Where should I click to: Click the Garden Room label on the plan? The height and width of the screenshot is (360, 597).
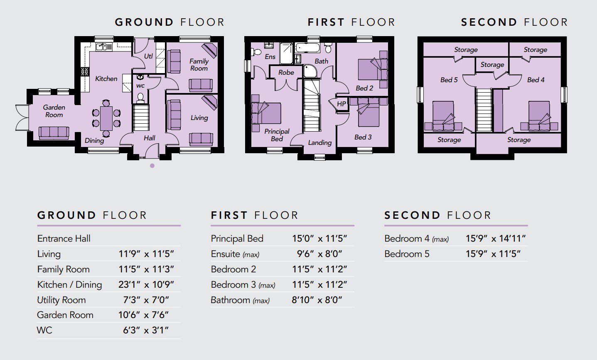pos(54,111)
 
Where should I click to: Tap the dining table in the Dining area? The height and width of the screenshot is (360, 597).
pos(106,118)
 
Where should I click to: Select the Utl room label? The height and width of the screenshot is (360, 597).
pos(148,56)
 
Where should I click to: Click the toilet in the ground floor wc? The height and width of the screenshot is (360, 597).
pos(140,98)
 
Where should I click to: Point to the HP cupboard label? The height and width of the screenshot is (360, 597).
pos(341,104)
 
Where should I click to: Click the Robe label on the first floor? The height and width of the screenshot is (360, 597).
pos(286,73)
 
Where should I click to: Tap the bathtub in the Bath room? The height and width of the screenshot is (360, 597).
pos(307,48)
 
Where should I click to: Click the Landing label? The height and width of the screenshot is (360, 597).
pos(319,143)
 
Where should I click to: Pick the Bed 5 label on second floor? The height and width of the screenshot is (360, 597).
pos(449,80)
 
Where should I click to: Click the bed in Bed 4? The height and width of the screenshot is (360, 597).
pos(539,116)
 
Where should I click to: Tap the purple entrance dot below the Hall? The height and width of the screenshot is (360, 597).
pos(152,166)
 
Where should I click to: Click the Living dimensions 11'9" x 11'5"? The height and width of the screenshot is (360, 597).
pos(146,254)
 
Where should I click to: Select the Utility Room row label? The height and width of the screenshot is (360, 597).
pos(61,300)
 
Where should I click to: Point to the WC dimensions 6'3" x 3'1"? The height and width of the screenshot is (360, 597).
pos(146,331)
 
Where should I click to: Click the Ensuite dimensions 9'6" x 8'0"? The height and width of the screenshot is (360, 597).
pos(319,254)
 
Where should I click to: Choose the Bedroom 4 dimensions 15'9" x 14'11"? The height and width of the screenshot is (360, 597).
pos(496,238)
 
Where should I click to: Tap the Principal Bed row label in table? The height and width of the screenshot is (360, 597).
pos(237,238)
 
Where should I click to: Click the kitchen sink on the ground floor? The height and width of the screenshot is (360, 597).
pos(104,47)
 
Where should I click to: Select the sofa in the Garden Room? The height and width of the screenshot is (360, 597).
pos(54,133)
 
